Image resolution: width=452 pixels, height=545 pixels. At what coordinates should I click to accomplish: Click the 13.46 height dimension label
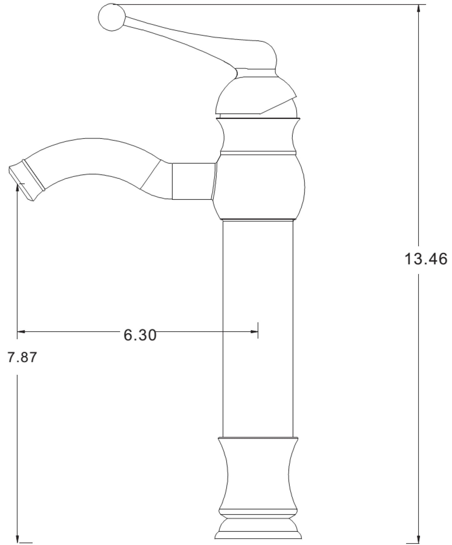tap(426, 259)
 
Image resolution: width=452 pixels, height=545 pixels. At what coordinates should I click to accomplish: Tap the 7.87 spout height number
tap(22, 357)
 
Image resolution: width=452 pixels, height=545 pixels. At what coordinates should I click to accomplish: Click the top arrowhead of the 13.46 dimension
tap(418, 9)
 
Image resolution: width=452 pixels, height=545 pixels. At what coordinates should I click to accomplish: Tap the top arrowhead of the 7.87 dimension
tap(17, 187)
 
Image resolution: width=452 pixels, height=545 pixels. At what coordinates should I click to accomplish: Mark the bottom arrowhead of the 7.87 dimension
tap(17, 537)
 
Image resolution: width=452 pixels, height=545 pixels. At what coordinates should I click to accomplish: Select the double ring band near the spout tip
tap(33, 175)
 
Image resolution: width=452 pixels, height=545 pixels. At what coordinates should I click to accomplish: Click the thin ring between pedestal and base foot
tap(258, 512)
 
